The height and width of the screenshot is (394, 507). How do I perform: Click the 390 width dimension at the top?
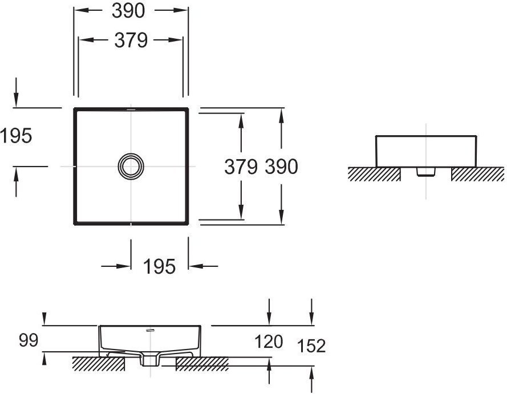pos(128,11)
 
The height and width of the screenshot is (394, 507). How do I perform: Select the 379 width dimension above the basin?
pos(131,40)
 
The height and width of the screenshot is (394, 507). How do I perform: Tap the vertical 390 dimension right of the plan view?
pos(281,166)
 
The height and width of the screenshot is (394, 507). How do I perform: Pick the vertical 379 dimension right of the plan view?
pos(241,166)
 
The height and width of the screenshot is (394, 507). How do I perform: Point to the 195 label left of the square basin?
pos(16,136)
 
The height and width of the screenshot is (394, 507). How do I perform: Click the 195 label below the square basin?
pos(159,267)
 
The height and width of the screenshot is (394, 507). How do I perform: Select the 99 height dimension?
pos(29,340)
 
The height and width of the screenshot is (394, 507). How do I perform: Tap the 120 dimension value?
pos(269,342)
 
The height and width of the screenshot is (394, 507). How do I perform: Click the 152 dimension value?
pos(311,346)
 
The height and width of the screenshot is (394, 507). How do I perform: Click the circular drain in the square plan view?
pos(131,166)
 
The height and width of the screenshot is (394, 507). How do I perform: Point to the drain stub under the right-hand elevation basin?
pos(426,171)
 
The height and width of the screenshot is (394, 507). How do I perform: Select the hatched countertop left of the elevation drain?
pos(375,174)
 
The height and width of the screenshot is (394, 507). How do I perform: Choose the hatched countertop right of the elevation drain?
pos(477,174)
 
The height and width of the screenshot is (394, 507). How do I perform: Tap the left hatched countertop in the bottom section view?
pos(98,364)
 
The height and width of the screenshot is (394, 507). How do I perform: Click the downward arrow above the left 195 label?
pos(16,92)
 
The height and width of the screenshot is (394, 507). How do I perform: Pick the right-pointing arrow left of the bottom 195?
pos(116,266)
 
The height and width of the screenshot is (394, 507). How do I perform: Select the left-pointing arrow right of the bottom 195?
pos(203,266)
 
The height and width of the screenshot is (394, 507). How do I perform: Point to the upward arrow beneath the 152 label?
pos(311,380)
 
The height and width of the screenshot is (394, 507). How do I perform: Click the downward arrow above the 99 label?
pos(44,319)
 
